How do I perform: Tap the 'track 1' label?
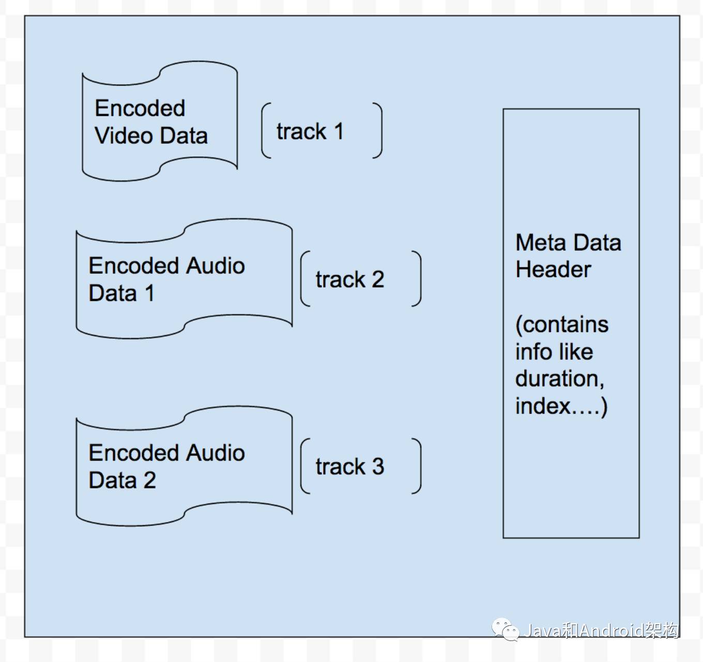coord(310,132)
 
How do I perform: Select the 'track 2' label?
coord(349,279)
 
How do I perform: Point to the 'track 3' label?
coord(349,467)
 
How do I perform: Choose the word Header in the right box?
coord(553,270)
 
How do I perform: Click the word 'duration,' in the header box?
coord(560,379)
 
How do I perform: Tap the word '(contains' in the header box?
coord(562,325)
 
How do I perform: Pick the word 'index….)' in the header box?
coord(561,406)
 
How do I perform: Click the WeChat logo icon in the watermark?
coord(505,629)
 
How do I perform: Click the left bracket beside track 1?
coord(266,131)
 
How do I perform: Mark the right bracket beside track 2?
coord(417,279)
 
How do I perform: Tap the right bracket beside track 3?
coord(417,466)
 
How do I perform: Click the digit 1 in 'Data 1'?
coord(149,293)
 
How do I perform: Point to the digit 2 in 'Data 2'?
coord(149,481)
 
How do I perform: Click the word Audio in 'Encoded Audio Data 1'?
coord(215,266)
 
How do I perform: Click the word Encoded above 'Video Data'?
coord(140,108)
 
